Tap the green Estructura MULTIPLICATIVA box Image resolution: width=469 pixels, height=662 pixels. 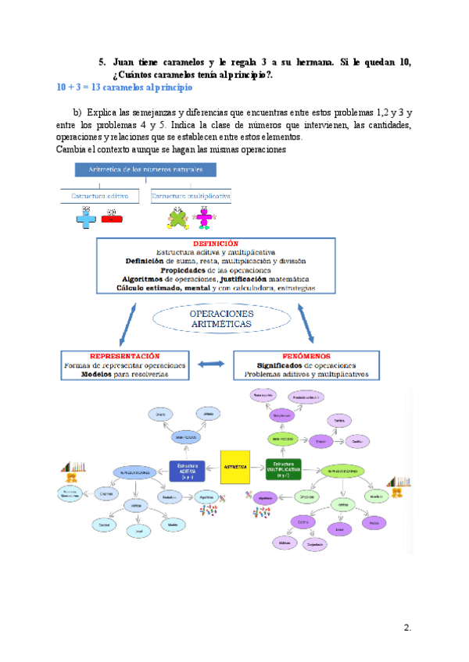pyautogui.click(x=282, y=468)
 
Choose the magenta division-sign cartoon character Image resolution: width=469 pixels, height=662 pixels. pyautogui.click(x=205, y=219)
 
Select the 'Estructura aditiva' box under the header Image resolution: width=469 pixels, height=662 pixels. pyautogui.click(x=100, y=196)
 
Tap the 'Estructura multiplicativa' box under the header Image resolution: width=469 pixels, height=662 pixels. pyautogui.click(x=192, y=196)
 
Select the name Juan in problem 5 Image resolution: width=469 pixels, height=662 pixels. pyautogui.click(x=125, y=62)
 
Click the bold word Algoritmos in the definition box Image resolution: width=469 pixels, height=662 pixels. pyautogui.click(x=141, y=279)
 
